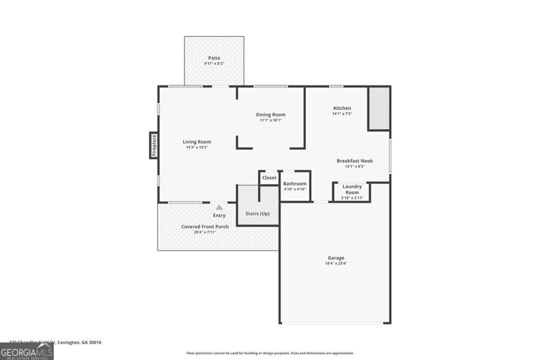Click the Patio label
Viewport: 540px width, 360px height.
pos(214,58)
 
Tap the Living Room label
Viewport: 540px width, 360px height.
pos(197,142)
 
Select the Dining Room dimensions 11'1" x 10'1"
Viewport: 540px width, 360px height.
pos(271,120)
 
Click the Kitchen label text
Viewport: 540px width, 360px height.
pos(342,108)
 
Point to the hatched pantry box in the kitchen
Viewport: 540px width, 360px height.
pos(378,109)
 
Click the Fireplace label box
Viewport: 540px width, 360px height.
pos(154,145)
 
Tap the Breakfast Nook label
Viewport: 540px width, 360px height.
pos(355,161)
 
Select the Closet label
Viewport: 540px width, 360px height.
pos(269,178)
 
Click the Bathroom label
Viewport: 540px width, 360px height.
pos(295,183)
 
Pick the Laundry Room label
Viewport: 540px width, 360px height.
pos(352,189)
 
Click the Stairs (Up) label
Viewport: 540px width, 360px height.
pos(257,213)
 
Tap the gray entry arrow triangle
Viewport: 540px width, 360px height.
pos(219,207)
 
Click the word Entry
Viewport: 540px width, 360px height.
pos(219,215)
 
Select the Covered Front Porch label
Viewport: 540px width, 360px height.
pos(205,227)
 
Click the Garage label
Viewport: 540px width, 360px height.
pos(335,258)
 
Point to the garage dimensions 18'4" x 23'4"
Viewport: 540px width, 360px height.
pos(335,264)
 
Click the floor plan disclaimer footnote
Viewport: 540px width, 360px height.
pos(269,353)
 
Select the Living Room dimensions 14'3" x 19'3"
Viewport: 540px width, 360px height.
pos(197,148)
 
